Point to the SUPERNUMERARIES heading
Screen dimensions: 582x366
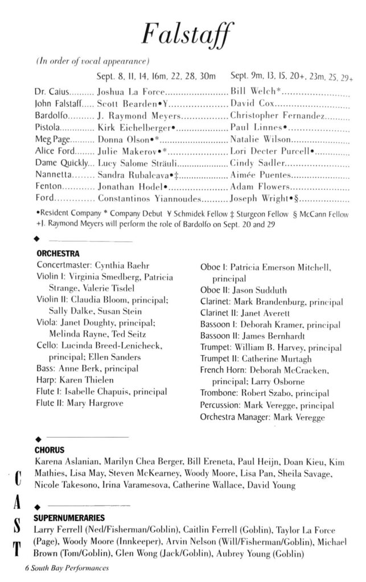click(x=69, y=518)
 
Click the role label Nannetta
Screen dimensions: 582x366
click(x=52, y=174)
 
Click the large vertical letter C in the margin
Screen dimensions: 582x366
click(x=12, y=479)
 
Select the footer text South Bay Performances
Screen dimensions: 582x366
click(x=71, y=568)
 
